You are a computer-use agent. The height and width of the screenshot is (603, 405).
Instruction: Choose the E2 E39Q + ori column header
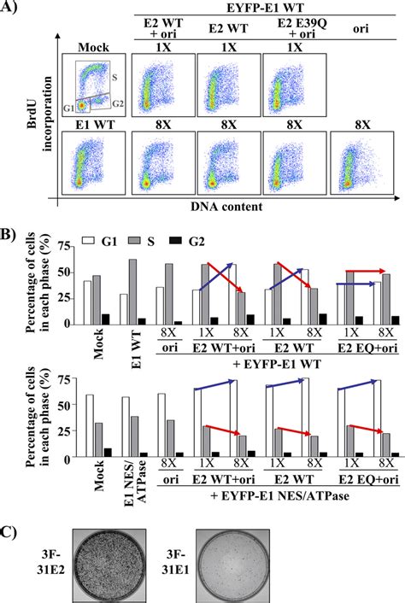(296, 30)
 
